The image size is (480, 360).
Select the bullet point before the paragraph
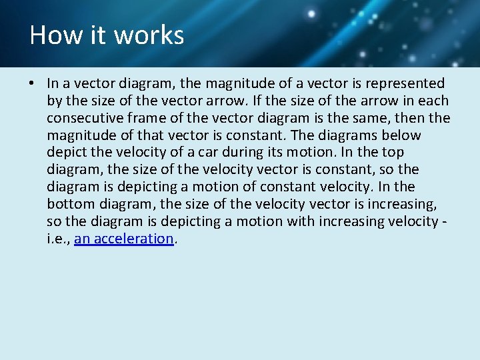pyautogui.click(x=32, y=84)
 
